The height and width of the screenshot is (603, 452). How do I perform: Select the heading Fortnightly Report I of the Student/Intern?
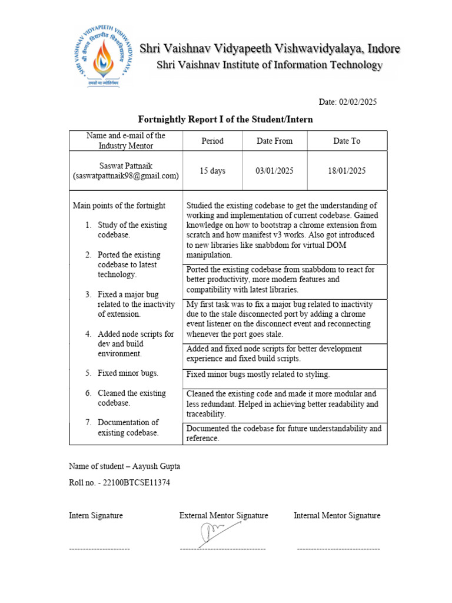click(x=225, y=120)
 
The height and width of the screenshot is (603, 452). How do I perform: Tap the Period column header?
click(x=212, y=141)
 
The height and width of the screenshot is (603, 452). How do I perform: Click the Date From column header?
click(x=274, y=141)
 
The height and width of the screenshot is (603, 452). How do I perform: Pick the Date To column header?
click(x=347, y=141)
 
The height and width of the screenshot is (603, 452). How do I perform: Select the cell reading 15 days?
click(x=212, y=171)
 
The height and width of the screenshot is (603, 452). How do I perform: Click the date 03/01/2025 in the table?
click(x=274, y=171)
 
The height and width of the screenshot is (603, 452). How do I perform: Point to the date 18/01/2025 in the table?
click(x=347, y=171)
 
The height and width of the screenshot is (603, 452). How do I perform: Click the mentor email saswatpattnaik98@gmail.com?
click(x=125, y=176)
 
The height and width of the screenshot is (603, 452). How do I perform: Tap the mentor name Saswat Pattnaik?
click(x=125, y=165)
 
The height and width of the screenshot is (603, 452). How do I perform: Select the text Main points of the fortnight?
click(x=119, y=206)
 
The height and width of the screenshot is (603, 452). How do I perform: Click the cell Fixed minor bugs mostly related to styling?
click(x=258, y=374)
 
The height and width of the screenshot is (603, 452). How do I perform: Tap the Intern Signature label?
click(x=96, y=516)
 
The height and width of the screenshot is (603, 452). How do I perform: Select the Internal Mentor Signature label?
click(x=337, y=516)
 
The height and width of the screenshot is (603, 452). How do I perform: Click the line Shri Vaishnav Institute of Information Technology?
click(x=270, y=65)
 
